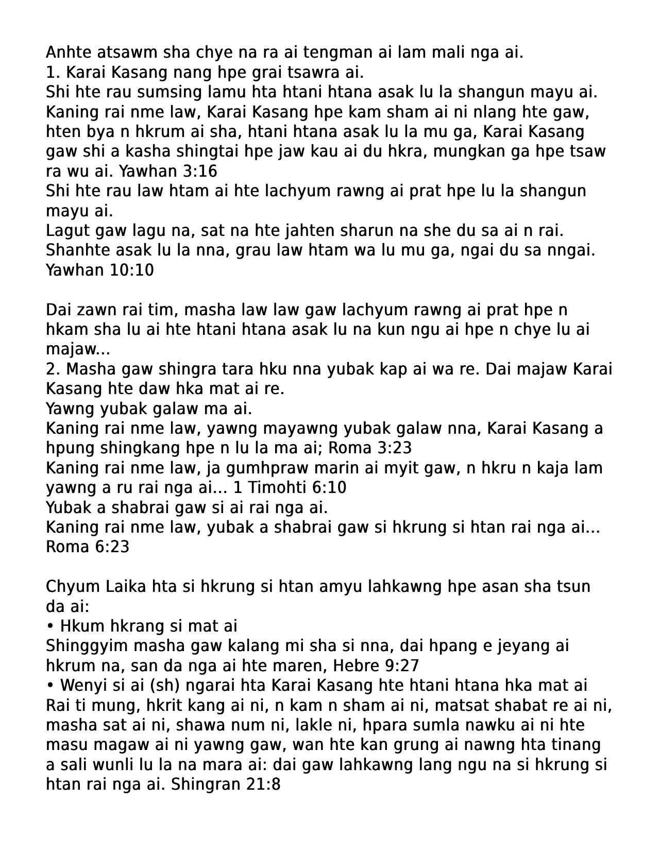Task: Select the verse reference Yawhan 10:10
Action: (99, 270)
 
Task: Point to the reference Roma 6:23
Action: (87, 547)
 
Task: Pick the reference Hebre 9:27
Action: (376, 666)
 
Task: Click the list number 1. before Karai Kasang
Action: (53, 72)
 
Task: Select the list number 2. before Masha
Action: (53, 369)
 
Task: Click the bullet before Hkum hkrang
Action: (50, 626)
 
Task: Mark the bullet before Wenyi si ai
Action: (50, 686)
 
